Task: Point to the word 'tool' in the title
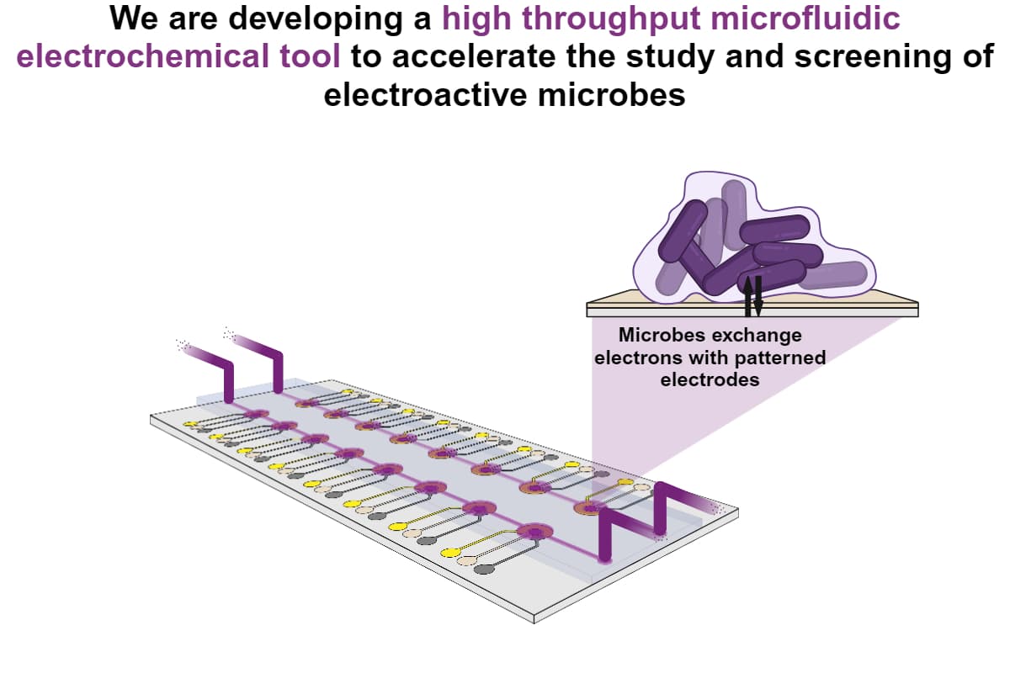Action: pos(310,56)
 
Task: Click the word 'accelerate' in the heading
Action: pos(473,56)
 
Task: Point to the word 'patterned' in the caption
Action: pos(780,358)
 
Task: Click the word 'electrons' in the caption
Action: pos(639,358)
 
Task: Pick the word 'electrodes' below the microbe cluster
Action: pos(710,379)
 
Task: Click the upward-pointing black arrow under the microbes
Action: pos(748,296)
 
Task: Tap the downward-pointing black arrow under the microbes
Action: pos(758,296)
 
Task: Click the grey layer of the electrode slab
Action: pos(752,312)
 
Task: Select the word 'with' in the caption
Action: pos(709,358)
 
